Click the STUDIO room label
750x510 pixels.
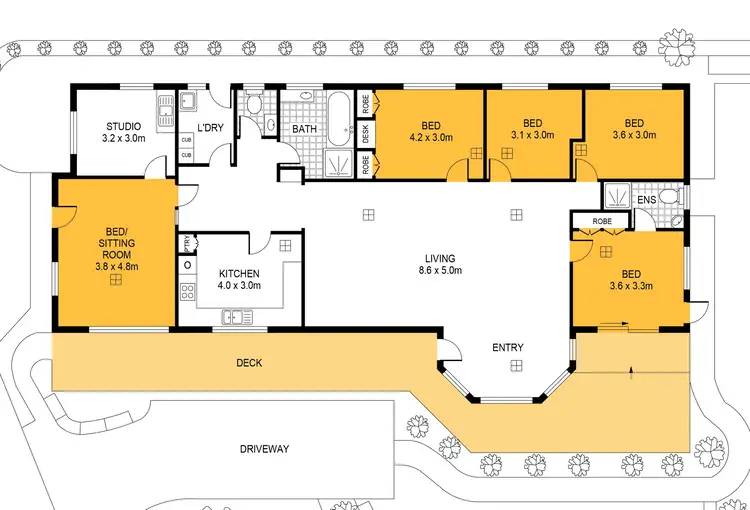click(124, 127)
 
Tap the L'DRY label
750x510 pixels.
click(210, 127)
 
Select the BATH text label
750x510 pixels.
click(305, 129)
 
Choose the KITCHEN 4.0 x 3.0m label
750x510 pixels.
click(239, 273)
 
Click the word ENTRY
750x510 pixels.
click(508, 348)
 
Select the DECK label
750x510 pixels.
click(249, 363)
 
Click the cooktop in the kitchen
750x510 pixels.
click(187, 293)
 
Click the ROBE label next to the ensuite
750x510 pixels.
click(602, 221)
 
